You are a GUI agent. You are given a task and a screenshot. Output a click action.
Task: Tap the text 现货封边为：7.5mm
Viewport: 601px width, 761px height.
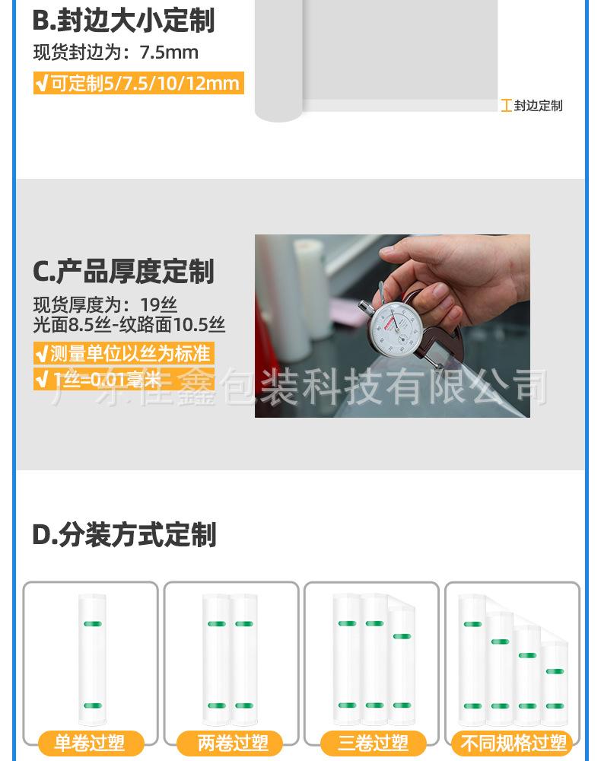tap(116, 53)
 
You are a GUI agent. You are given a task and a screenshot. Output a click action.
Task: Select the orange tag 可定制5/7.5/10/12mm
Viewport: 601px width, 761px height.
tap(138, 82)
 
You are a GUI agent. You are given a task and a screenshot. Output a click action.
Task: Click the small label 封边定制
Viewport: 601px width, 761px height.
tap(538, 106)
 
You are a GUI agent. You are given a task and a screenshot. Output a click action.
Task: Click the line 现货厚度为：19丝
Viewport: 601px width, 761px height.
tap(105, 306)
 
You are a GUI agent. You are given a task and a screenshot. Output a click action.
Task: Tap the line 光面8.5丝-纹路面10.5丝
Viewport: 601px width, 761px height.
tap(129, 325)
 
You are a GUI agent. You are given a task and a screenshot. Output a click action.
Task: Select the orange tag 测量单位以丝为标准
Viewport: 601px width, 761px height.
tap(122, 353)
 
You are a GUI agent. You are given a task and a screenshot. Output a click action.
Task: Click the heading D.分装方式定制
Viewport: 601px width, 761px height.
tap(124, 535)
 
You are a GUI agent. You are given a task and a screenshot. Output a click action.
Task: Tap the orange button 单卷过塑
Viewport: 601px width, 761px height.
tap(90, 743)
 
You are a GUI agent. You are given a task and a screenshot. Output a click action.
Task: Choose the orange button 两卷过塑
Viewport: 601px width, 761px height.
tap(229, 743)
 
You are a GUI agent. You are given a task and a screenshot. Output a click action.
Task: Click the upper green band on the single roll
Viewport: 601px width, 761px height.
tap(92, 624)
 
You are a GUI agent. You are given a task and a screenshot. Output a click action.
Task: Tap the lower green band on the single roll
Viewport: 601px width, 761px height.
tap(92, 705)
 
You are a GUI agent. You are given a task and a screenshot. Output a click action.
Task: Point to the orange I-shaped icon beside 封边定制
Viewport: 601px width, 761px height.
tap(506, 106)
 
